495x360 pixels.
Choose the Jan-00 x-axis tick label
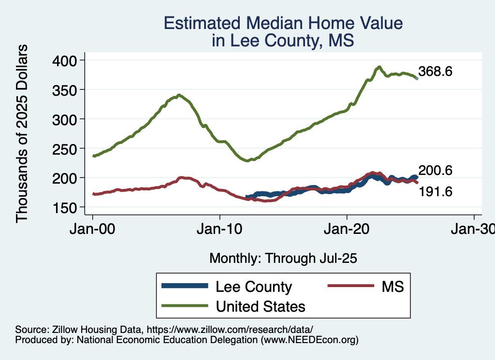[x=93, y=228]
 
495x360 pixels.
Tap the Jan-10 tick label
[x=220, y=228]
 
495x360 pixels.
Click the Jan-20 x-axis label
[x=347, y=228]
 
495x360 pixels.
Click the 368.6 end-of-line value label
[x=436, y=72]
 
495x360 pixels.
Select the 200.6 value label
[x=436, y=171]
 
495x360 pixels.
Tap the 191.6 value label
[x=436, y=192]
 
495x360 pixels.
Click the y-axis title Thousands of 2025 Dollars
[x=23, y=133]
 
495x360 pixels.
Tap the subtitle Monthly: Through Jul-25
[x=283, y=259]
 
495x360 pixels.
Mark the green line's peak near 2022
[x=379, y=67]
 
